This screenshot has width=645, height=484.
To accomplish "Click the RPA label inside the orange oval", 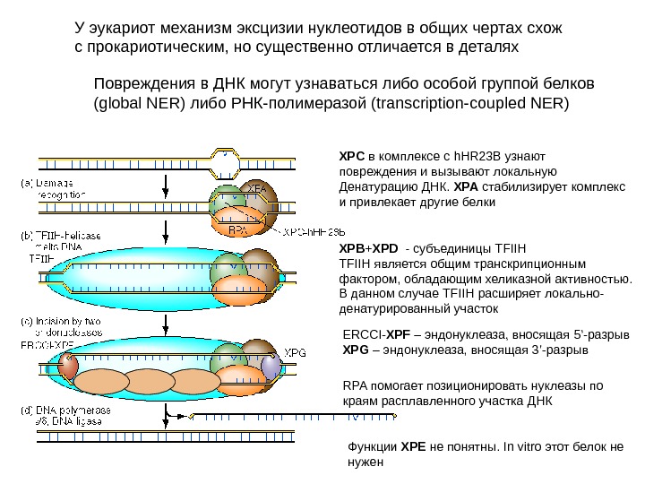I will click(x=237, y=229).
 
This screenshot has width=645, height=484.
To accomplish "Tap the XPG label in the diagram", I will click(x=296, y=352).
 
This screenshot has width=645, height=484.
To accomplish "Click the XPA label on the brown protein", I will click(x=258, y=189).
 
